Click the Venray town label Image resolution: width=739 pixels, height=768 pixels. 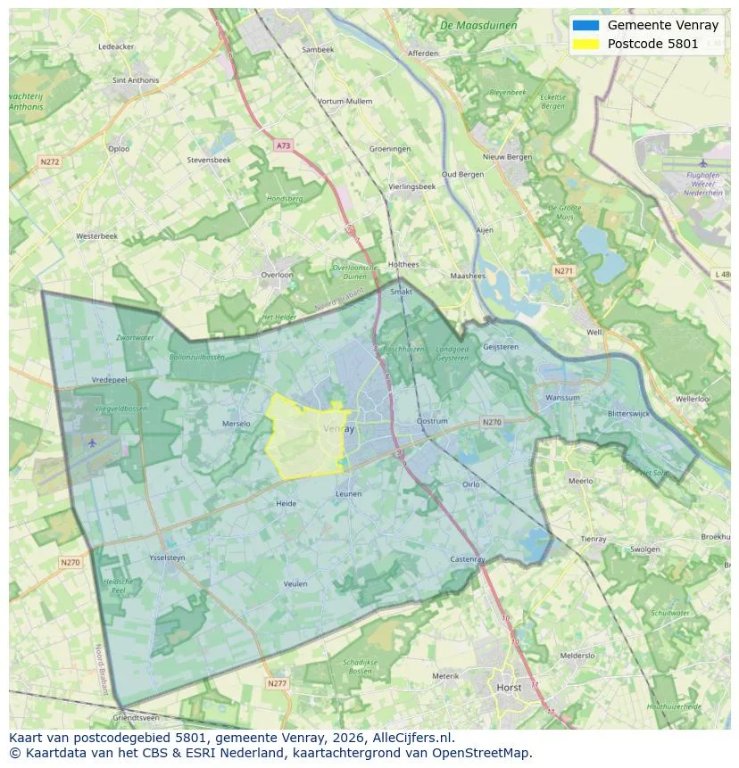338,429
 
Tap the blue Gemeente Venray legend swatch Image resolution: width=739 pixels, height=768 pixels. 585,26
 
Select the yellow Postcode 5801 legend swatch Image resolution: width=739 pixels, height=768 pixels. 585,44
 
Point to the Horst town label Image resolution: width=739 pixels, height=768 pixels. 510,688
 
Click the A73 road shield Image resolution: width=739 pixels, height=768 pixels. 283,145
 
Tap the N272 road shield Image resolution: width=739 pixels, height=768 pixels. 49,161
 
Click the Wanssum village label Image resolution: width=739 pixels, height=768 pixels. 562,398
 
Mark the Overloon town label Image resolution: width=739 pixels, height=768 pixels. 277,275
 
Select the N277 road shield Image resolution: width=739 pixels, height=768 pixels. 277,683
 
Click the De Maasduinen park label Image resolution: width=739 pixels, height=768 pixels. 478,26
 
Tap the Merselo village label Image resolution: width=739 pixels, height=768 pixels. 236,424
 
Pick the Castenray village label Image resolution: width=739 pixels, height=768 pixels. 468,559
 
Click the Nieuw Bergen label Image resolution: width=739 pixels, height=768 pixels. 507,157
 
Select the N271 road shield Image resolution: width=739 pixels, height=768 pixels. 564,270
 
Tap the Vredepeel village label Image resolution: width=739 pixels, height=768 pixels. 110,379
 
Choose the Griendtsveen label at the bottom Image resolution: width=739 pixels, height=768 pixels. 136,717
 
